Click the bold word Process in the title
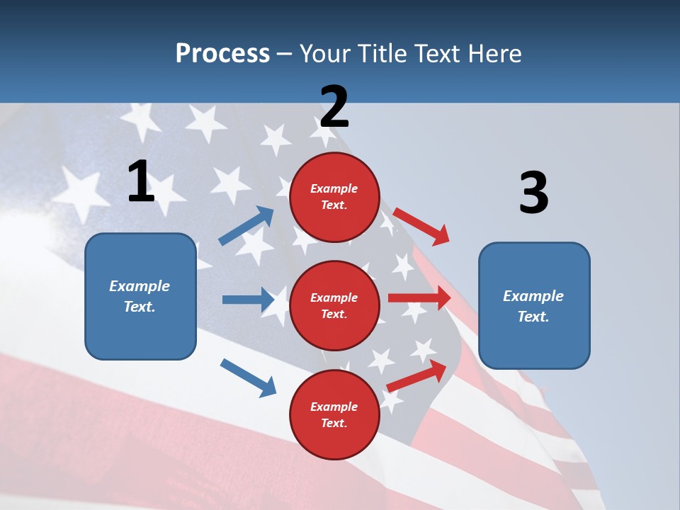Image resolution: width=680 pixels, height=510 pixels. tap(222, 54)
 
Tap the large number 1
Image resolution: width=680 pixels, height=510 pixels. tap(141, 182)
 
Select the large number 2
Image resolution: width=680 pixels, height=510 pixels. tap(334, 107)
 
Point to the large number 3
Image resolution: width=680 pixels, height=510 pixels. tap(533, 193)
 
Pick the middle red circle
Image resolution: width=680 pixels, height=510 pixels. tap(334, 305)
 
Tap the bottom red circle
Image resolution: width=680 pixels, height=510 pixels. tap(334, 414)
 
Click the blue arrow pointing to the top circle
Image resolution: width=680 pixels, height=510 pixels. tap(246, 225)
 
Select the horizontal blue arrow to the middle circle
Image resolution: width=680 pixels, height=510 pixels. tap(248, 300)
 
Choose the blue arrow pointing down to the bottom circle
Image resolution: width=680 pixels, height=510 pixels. tap(248, 377)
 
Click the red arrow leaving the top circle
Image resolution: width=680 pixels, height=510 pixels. tap(421, 226)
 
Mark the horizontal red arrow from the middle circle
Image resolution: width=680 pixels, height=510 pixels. tap(419, 298)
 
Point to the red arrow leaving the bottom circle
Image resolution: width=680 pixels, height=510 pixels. tap(416, 376)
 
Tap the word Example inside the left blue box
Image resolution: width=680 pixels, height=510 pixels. tap(140, 286)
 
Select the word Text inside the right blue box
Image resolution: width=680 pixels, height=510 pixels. tap(533, 317)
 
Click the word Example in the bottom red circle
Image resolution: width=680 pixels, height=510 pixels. tap(334, 407)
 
